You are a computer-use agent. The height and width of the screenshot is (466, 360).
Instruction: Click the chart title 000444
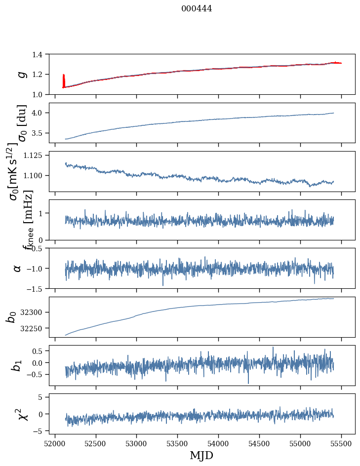197,8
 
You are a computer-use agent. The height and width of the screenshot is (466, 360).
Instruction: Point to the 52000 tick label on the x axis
55,443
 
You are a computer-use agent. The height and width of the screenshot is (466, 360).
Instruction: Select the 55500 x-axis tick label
341,443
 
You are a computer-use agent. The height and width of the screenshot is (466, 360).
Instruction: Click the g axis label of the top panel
20,74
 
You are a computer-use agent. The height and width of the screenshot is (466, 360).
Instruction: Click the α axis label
18,268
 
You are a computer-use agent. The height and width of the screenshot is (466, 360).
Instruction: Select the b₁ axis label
18,365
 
